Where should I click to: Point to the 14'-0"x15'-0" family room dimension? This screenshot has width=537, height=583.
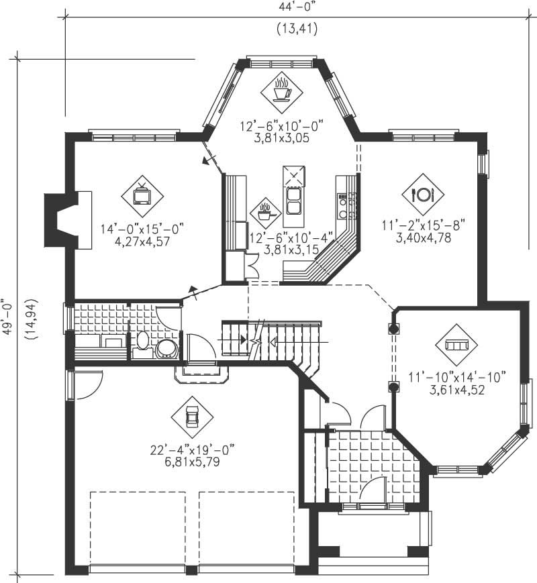click(142, 229)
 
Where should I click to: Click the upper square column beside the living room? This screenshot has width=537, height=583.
click(394, 329)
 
